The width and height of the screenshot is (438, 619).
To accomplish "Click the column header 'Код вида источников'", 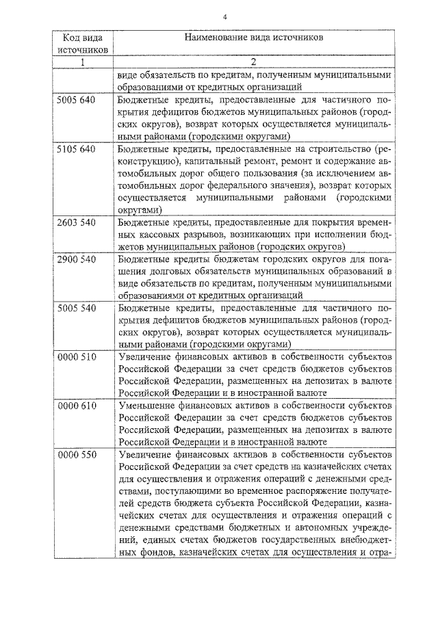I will point(82,44).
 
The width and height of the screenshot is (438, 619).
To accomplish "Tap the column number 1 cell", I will point(82,64).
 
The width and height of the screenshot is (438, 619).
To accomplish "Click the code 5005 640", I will point(77,101).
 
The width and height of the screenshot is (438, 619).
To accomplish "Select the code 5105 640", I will point(77,148).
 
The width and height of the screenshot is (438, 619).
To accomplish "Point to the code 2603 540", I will point(77,223).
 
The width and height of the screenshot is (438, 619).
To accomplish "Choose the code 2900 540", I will point(77,260).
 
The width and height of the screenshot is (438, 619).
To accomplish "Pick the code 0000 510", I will point(77,358).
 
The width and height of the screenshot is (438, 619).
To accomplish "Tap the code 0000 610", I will point(77,406).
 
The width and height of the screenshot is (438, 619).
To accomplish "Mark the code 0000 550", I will point(77,455).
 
